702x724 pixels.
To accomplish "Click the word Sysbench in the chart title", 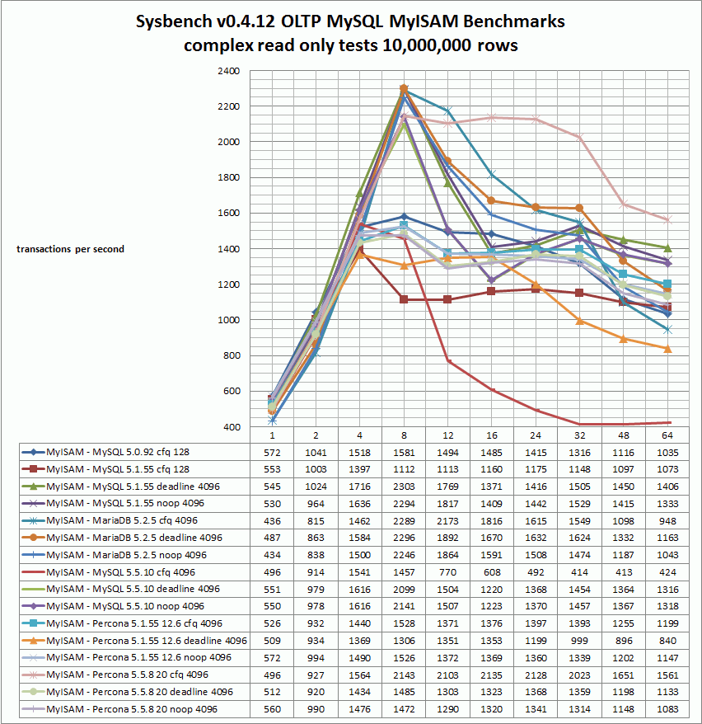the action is tap(173, 21).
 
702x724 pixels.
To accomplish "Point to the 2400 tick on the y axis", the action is tap(229, 71).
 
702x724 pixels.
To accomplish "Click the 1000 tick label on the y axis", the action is tap(229, 320).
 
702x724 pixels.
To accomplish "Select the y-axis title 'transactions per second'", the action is tap(71, 249).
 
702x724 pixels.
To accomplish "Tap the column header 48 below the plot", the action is tap(623, 435).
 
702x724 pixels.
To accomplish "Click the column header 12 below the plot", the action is tap(448, 435).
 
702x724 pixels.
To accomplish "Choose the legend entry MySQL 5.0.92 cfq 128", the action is tap(118, 452).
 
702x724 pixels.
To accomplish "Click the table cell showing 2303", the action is tap(404, 487).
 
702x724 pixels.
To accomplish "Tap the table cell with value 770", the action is tap(448, 572).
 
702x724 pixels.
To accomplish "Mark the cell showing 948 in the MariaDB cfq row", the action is tap(667, 521).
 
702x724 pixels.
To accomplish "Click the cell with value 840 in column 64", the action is tap(667, 641).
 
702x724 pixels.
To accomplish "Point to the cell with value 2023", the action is tap(580, 675).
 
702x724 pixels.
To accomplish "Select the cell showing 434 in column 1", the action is tap(272, 556).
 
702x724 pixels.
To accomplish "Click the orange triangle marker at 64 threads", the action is tap(667, 349).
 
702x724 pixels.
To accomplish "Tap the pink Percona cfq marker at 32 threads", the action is tap(580, 137).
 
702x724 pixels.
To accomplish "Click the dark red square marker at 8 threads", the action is tap(404, 299).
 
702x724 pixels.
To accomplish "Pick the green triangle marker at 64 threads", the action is tap(667, 248).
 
